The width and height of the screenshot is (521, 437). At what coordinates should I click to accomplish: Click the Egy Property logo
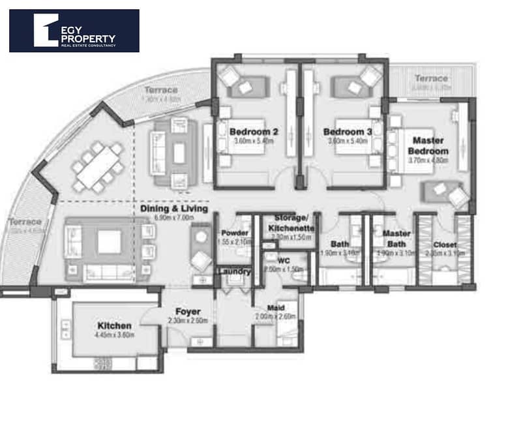[x=74, y=30]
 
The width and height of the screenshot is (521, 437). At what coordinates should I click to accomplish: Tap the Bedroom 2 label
[x=254, y=132]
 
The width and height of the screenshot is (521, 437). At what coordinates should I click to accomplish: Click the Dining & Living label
[x=174, y=209]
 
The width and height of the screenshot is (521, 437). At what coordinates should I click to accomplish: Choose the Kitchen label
[x=115, y=325]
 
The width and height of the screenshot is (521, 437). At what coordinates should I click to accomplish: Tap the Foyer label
[x=187, y=312]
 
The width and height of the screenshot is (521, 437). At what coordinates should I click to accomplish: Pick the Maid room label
[x=275, y=308]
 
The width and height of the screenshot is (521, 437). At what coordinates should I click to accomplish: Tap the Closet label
[x=445, y=245]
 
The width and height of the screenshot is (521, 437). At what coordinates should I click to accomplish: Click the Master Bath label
[x=396, y=237]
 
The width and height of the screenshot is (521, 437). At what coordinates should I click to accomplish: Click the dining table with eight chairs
[x=98, y=168]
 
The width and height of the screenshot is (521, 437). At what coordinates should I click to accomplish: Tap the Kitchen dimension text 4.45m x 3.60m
[x=115, y=335]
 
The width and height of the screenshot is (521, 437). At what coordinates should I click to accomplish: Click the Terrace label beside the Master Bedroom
[x=431, y=79]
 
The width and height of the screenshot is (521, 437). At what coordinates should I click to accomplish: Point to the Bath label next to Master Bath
[x=340, y=245]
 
